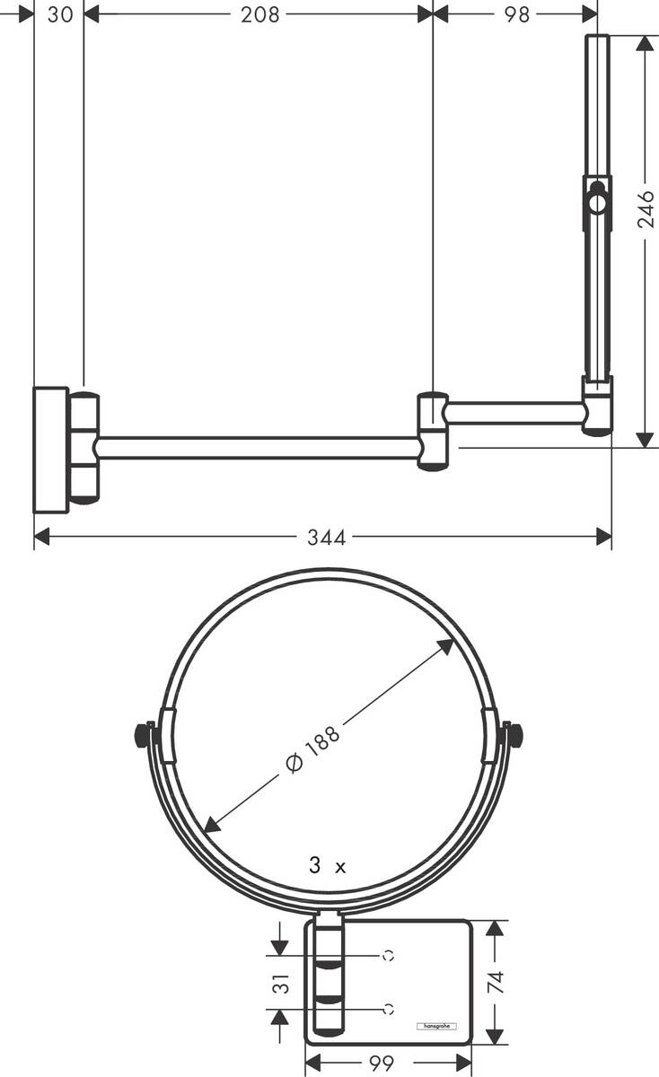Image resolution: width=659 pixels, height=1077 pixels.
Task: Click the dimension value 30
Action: click(x=60, y=14)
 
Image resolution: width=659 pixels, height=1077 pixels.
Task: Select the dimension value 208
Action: click(x=260, y=14)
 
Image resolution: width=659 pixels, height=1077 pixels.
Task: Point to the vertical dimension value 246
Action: click(x=646, y=209)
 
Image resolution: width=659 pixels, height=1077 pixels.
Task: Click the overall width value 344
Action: click(x=326, y=538)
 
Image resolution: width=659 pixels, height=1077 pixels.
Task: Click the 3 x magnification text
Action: click(x=327, y=866)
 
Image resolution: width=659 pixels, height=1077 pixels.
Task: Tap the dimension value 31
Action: click(x=282, y=983)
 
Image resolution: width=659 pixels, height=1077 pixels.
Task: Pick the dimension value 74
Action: click(x=496, y=981)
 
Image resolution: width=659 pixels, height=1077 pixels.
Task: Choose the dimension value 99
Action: click(x=382, y=1064)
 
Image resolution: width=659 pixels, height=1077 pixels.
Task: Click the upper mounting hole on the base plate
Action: click(x=388, y=956)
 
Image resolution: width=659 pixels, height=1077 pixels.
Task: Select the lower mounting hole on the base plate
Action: click(x=388, y=1009)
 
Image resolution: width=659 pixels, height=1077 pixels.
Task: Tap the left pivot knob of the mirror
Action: click(x=142, y=735)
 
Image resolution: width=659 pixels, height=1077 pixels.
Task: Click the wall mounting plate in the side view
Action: click(x=50, y=450)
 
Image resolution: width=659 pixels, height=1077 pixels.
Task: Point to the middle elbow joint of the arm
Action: click(x=432, y=431)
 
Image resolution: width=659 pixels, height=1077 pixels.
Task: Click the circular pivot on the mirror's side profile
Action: click(x=597, y=202)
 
